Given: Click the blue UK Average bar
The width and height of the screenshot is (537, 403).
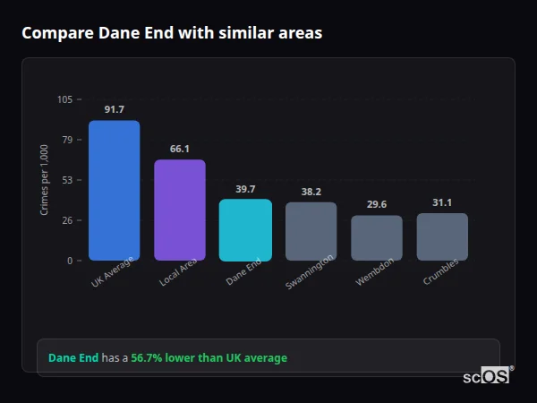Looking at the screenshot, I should pyautogui.click(x=114, y=191).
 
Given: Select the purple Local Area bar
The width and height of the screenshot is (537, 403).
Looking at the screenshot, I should pyautogui.click(x=180, y=210).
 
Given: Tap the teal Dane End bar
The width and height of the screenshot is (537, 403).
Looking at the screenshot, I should pyautogui.click(x=245, y=230).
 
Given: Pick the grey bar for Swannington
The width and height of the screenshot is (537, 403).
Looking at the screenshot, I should pyautogui.click(x=311, y=231).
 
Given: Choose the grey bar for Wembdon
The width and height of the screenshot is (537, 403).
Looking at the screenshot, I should pyautogui.click(x=377, y=238).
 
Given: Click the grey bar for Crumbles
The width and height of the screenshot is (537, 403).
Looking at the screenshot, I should pyautogui.click(x=442, y=236).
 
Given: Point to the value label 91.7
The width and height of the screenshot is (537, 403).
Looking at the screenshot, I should pyautogui.click(x=114, y=109).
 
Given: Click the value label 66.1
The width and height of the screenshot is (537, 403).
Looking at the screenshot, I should pyautogui.click(x=180, y=149).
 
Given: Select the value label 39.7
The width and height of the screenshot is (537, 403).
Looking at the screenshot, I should pyautogui.click(x=245, y=189).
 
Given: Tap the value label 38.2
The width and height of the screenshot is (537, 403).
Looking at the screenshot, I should pyautogui.click(x=311, y=192).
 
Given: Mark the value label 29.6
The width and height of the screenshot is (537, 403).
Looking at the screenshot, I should pyautogui.click(x=377, y=204).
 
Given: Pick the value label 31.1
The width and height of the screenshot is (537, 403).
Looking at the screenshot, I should pyautogui.click(x=442, y=202).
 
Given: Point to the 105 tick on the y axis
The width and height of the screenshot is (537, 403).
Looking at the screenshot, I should pyautogui.click(x=64, y=99).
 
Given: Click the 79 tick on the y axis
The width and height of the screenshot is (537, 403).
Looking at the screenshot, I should pyautogui.click(x=67, y=140).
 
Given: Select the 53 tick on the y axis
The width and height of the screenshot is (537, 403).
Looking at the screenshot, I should pyautogui.click(x=67, y=180).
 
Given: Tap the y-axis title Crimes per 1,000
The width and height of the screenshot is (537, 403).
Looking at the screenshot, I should pyautogui.click(x=45, y=180).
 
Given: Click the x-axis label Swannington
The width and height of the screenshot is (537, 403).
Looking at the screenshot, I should pyautogui.click(x=311, y=271).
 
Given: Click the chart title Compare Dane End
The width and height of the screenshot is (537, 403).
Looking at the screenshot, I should pyautogui.click(x=172, y=33).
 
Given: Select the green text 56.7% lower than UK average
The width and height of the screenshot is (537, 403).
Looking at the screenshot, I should pyautogui.click(x=209, y=358).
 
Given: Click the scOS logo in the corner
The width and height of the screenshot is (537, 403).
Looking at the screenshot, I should pyautogui.click(x=487, y=376).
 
